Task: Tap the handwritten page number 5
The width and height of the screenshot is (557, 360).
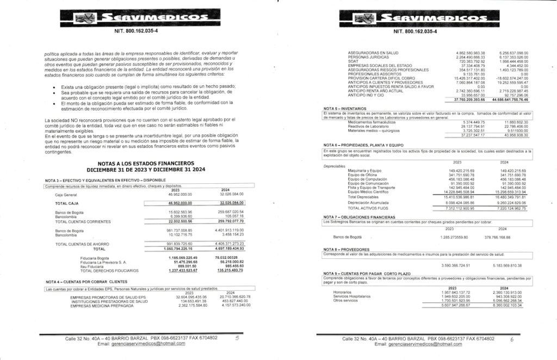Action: point(237,338)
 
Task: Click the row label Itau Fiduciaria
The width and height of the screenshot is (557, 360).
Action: point(92,266)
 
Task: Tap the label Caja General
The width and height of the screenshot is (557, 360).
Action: point(66,194)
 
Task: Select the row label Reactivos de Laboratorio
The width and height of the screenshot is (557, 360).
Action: point(368,126)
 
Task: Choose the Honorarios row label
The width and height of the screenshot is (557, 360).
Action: point(343,292)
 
